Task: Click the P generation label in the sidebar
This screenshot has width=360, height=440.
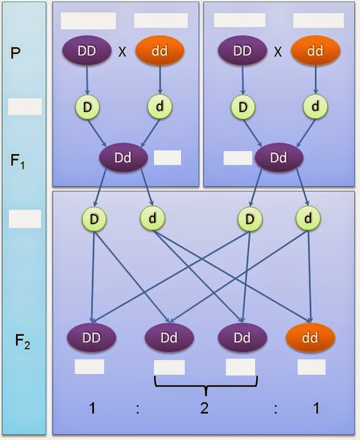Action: coord(16,54)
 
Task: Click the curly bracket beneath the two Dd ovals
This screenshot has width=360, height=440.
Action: coord(205,384)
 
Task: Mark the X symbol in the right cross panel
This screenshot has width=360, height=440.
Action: coord(278,54)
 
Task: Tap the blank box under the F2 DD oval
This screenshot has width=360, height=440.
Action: coord(89,367)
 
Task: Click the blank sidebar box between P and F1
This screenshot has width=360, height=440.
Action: coord(24,107)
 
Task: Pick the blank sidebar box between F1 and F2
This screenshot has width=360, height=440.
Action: coord(24,219)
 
